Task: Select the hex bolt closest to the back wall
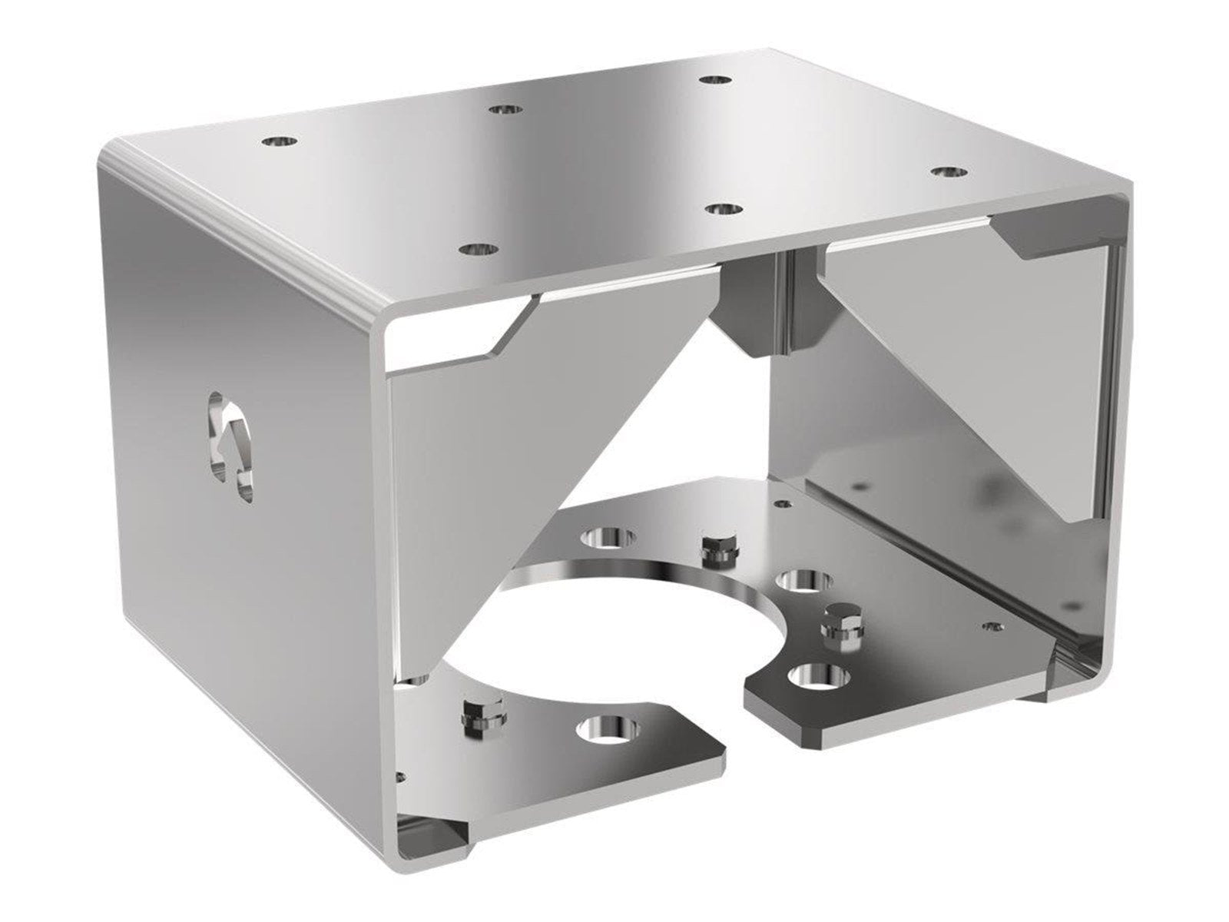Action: tap(714, 544)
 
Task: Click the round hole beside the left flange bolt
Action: tap(608, 727)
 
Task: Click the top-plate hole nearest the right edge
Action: tap(949, 171)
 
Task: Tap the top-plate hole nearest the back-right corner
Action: tap(714, 79)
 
